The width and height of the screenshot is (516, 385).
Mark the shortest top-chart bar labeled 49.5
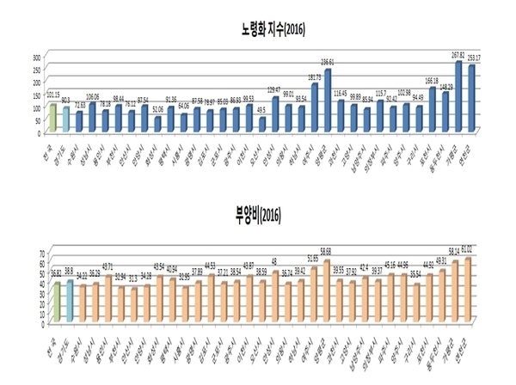(261, 125)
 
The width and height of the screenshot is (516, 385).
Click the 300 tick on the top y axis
(36, 57)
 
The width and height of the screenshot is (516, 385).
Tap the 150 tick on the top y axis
(36, 95)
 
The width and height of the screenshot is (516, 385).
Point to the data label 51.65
(312, 258)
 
